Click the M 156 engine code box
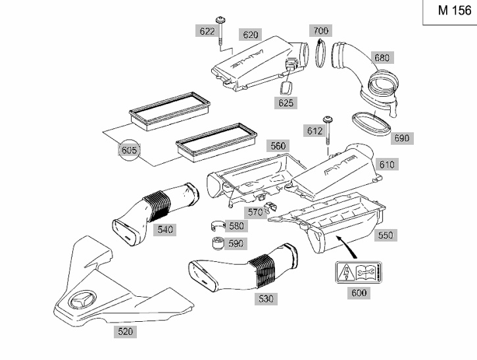[450, 12]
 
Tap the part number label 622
[207, 32]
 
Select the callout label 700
[320, 31]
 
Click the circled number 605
[130, 150]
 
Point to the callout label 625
[286, 103]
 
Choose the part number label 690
[402, 138]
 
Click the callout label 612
[314, 131]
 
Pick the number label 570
[255, 212]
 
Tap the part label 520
[125, 332]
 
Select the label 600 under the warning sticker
[359, 293]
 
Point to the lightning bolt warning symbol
[345, 272]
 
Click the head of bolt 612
[328, 118]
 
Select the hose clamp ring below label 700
[320, 53]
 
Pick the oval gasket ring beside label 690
[371, 124]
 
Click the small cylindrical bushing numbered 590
[217, 243]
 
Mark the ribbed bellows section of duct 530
[263, 272]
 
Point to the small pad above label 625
[285, 88]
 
